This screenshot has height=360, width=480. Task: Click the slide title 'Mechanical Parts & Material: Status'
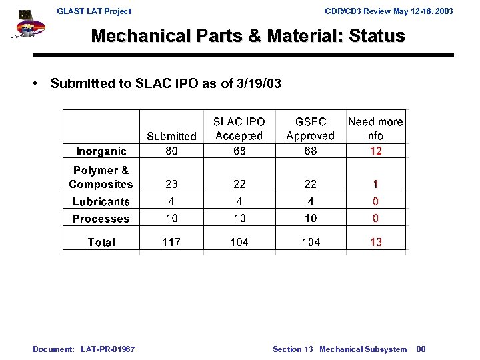[248, 36]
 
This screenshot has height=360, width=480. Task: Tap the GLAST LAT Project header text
[94, 11]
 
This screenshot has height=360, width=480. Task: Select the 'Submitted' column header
[171, 136]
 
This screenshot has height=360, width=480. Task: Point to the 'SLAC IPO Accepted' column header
[239, 129]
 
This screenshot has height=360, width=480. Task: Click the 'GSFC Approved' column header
[311, 129]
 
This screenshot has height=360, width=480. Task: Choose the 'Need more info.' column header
[376, 129]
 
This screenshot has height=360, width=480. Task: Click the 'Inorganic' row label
[101, 151]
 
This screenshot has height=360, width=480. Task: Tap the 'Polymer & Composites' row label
[101, 177]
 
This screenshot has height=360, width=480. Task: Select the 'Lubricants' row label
[101, 201]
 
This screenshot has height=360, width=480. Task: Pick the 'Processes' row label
[101, 219]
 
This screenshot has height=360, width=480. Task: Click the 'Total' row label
[101, 242]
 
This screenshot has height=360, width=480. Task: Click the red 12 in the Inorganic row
[376, 151]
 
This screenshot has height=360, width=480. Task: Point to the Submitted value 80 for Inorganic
[171, 151]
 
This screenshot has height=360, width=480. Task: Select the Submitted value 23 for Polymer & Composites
[171, 185]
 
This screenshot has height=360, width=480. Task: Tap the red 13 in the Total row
[376, 242]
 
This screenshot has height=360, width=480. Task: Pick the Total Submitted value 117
[171, 242]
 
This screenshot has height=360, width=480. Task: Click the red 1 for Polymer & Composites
[376, 185]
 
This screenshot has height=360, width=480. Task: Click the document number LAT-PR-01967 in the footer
[107, 349]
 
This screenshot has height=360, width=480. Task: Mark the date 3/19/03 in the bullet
[257, 83]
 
